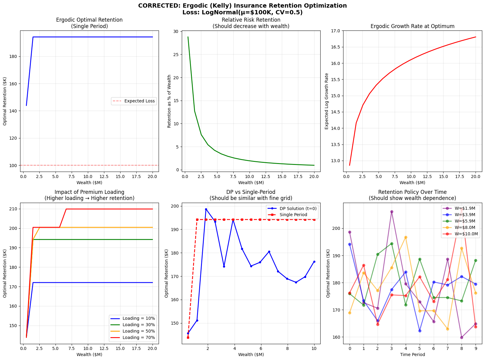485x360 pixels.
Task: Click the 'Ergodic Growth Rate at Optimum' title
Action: pyautogui.click(x=412, y=26)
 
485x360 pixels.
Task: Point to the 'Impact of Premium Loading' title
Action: pyautogui.click(x=89, y=192)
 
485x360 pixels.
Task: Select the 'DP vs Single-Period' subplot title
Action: pyautogui.click(x=251, y=192)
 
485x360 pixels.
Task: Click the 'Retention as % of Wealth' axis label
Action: pyautogui.click(x=169, y=101)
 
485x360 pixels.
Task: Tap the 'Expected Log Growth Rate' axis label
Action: pyautogui.click(x=327, y=101)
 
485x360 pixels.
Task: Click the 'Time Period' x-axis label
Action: pyautogui.click(x=412, y=355)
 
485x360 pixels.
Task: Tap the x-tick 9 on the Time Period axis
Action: pyautogui.click(x=476, y=348)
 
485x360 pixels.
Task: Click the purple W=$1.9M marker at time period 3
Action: pyautogui.click(x=392, y=212)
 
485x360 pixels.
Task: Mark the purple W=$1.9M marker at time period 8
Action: pyautogui.click(x=462, y=337)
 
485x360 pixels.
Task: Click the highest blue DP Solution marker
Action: pyautogui.click(x=206, y=209)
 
